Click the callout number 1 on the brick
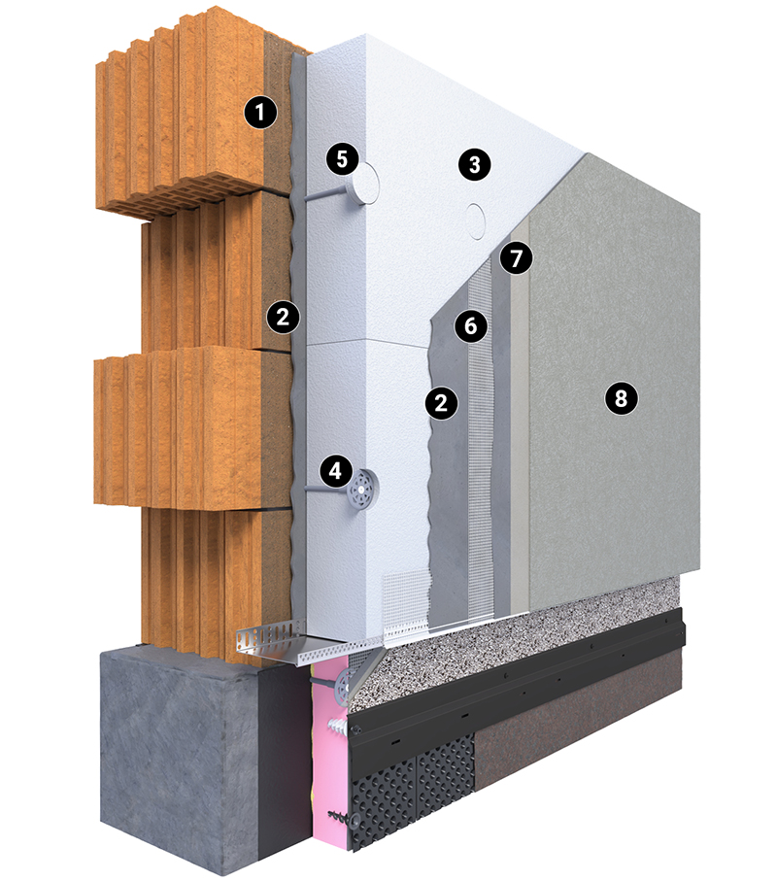pyautogui.click(x=260, y=113)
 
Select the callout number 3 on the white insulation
pyautogui.click(x=474, y=164)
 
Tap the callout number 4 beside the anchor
pyautogui.click(x=335, y=471)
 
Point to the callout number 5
pyautogui.click(x=342, y=159)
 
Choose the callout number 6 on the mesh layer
pyautogui.click(x=470, y=325)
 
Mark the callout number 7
pyautogui.click(x=517, y=258)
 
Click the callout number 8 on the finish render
pyautogui.click(x=621, y=398)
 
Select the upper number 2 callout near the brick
pyautogui.click(x=284, y=317)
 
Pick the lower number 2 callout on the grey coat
pyautogui.click(x=442, y=402)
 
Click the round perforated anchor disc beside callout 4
pyautogui.click(x=361, y=489)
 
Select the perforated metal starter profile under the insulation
pyautogui.click(x=298, y=640)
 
